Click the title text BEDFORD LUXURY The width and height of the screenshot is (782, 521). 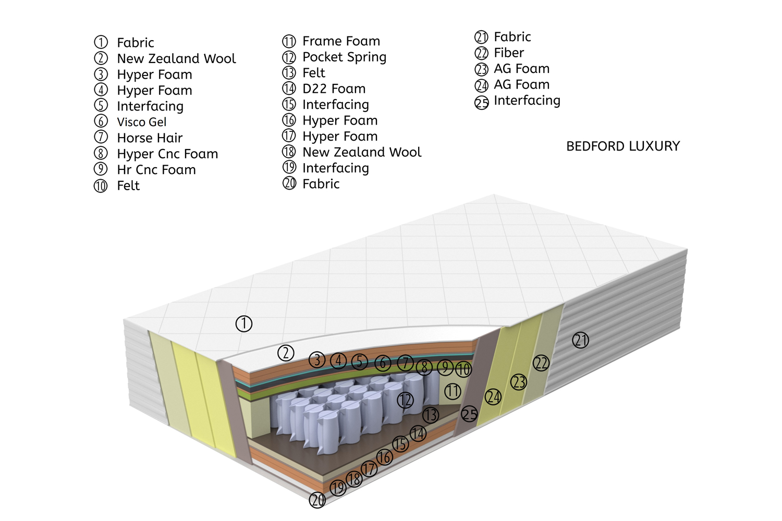coord(623,146)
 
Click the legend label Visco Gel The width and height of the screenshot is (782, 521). coord(141,122)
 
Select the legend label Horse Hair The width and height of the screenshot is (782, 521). coord(150,138)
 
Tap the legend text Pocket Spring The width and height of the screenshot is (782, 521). coord(344,57)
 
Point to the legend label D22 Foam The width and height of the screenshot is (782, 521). coord(334,89)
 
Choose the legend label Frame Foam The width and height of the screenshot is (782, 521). coord(341,41)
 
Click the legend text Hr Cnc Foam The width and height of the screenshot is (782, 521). coord(156,170)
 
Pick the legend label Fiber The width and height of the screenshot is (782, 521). coord(509,53)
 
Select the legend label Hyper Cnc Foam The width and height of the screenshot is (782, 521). coord(167,154)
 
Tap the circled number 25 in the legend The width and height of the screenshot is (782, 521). coord(481,103)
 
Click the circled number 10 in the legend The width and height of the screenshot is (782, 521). coord(101,186)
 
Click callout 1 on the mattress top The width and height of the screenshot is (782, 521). coord(243,324)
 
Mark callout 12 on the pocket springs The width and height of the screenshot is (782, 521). coord(405,400)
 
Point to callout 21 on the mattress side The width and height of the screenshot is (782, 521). coord(580,340)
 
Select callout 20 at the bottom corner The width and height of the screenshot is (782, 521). coord(317,500)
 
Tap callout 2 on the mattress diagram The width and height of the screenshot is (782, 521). coord(286,353)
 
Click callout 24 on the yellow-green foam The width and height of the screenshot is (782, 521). coord(493,397)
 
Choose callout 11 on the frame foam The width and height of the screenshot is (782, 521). coord(453,391)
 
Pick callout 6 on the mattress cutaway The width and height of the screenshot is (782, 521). coord(383,363)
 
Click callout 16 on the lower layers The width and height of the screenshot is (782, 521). coord(384,457)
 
